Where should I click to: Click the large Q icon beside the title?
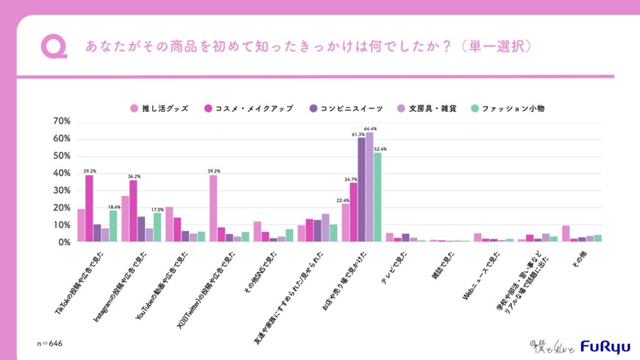(53, 46)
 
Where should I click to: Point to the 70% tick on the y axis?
(61, 121)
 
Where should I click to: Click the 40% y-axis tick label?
(61, 173)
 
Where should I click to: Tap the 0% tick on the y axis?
(63, 241)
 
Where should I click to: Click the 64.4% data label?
(370, 129)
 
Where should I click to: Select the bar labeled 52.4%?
(377, 197)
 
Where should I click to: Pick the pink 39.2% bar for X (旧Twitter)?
(213, 208)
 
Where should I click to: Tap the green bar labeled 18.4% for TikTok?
(113, 226)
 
